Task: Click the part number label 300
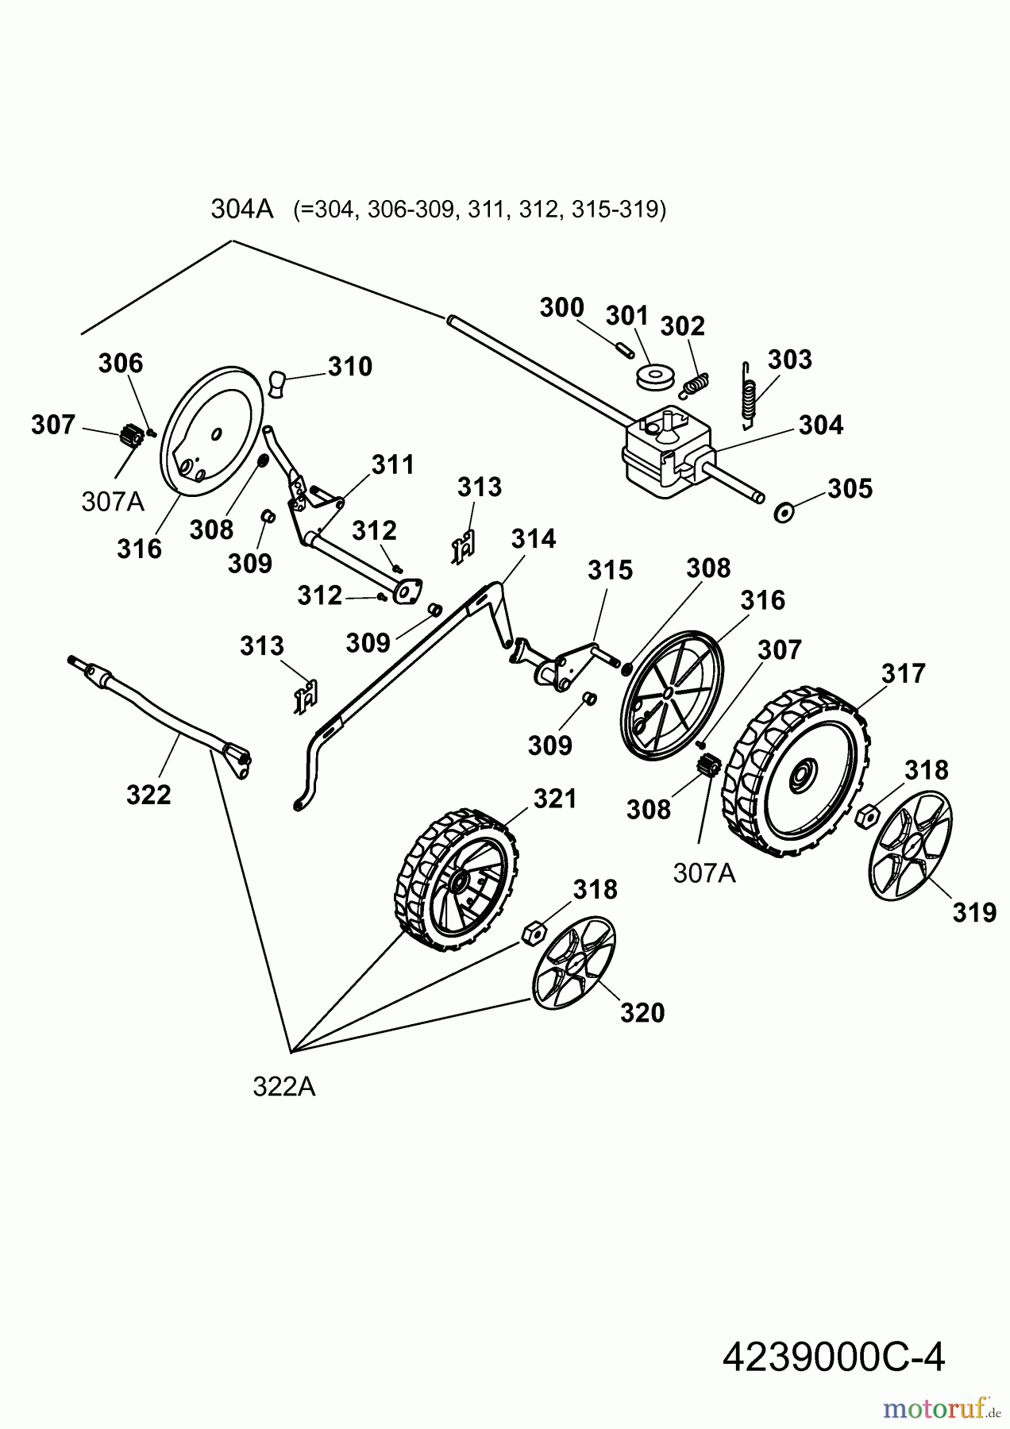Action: click(561, 308)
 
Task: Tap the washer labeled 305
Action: click(785, 513)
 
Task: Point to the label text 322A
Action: click(283, 1086)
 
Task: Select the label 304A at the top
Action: click(241, 209)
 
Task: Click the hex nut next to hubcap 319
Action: click(868, 813)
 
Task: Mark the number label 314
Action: click(533, 539)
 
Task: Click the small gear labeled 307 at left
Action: click(130, 436)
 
